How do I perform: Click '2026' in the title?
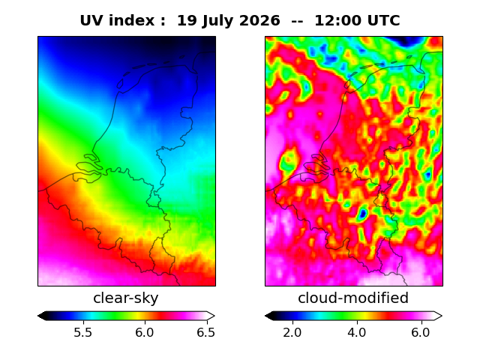coord(259,21)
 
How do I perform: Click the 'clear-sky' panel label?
coord(126,298)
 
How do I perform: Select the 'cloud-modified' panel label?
coord(353,298)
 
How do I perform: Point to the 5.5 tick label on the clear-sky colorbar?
coord(83,332)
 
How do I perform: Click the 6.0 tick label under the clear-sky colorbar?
coord(145,332)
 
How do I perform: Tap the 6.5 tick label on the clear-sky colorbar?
coord(205,332)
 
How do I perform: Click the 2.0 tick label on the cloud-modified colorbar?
coord(292,332)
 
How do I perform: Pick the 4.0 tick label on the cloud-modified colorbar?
coord(357,332)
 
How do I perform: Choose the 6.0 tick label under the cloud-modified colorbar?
coord(421,332)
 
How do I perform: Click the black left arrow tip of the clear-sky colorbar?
coord(38,316)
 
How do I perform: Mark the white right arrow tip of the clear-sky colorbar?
coord(215,316)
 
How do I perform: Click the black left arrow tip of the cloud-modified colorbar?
coord(265,316)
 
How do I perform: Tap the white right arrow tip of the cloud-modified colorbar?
coord(442,316)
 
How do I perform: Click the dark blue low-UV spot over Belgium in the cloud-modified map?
coord(363,213)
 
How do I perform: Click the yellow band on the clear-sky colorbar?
coord(137,316)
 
